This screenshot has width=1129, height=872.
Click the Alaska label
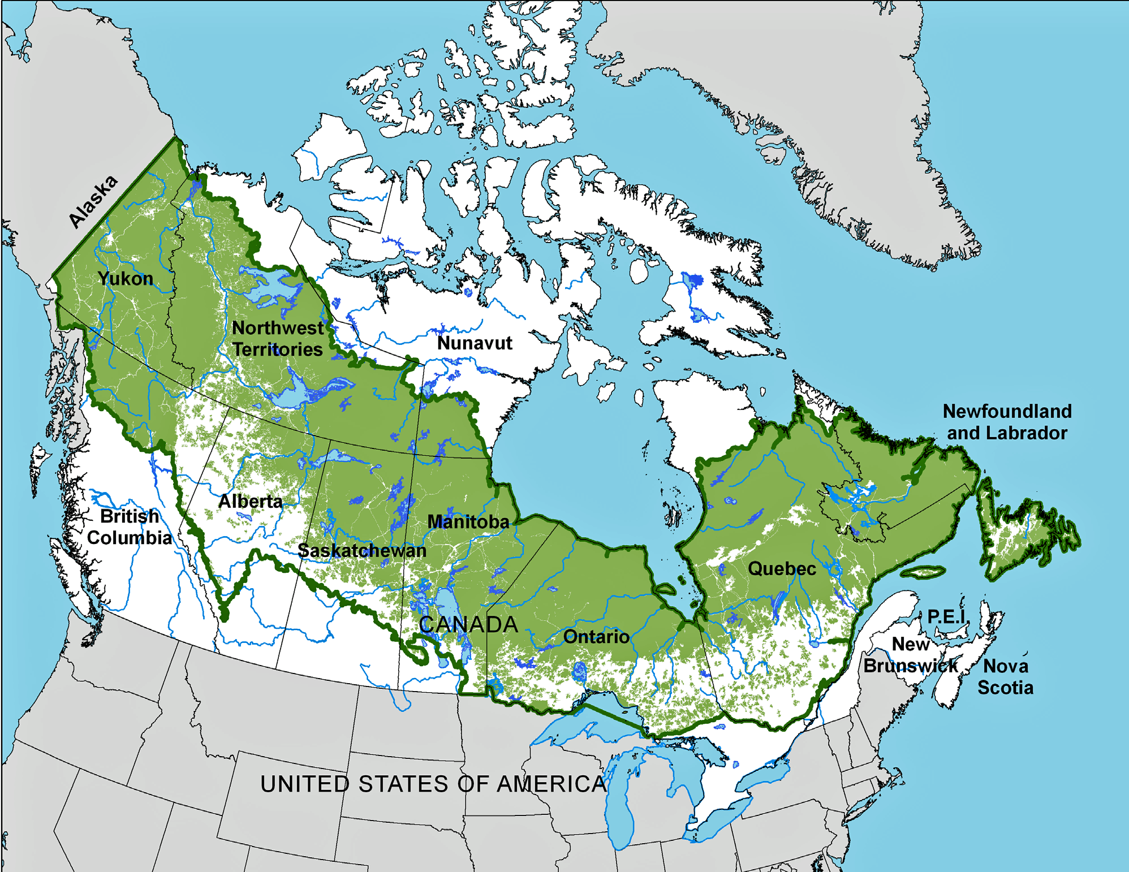click(93, 201)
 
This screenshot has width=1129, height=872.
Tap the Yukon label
click(125, 278)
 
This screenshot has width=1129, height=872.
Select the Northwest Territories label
click(277, 338)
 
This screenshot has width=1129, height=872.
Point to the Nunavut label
click(475, 343)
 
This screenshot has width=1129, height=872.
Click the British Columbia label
click(129, 526)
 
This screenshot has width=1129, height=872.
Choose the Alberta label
click(250, 501)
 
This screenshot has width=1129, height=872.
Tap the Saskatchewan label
click(362, 550)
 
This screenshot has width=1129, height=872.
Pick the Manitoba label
click(468, 521)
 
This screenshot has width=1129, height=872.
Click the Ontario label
click(596, 637)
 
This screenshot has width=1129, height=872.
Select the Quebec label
click(782, 568)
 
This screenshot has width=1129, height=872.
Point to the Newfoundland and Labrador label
click(1007, 422)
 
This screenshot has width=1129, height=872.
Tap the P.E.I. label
click(946, 616)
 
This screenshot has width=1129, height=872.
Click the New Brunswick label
click(911, 655)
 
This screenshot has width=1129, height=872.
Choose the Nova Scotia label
click(1005, 676)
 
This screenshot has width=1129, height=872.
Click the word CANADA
click(468, 624)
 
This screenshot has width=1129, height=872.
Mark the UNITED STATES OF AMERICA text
click(433, 784)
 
